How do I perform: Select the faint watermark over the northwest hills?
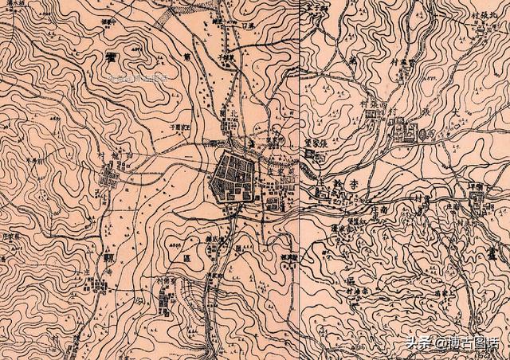pyautogui.click(x=139, y=78)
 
